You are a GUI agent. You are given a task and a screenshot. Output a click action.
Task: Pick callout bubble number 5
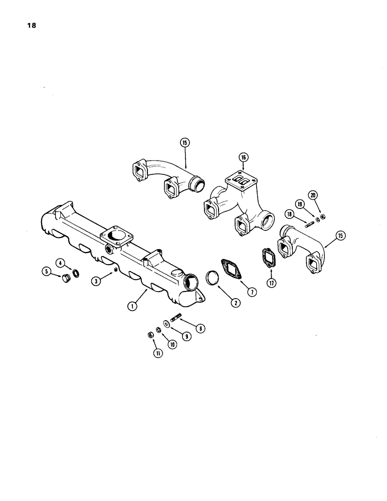click(47, 273)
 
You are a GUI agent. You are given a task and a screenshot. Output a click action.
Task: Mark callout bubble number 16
click(244, 157)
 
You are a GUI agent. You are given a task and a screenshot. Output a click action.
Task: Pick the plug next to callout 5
click(65, 278)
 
